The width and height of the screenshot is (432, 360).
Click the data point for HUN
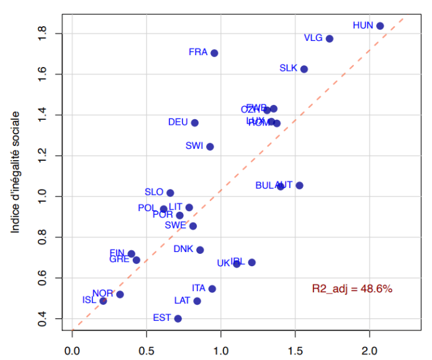(380, 26)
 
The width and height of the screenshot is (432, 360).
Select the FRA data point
(214, 53)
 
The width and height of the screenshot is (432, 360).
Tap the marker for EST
(178, 318)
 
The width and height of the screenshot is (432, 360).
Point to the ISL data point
(103, 301)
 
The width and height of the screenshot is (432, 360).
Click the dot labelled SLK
(304, 69)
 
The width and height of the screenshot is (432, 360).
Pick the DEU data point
(195, 123)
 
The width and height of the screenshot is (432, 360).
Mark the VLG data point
(330, 38)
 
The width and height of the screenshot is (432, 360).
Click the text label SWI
(194, 146)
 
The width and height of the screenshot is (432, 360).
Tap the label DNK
(183, 249)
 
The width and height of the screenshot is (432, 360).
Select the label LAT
(182, 300)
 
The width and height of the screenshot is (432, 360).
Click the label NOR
(102, 293)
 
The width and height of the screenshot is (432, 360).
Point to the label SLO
(154, 192)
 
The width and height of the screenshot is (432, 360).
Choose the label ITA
(198, 288)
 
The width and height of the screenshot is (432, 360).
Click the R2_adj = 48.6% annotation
(352, 289)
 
